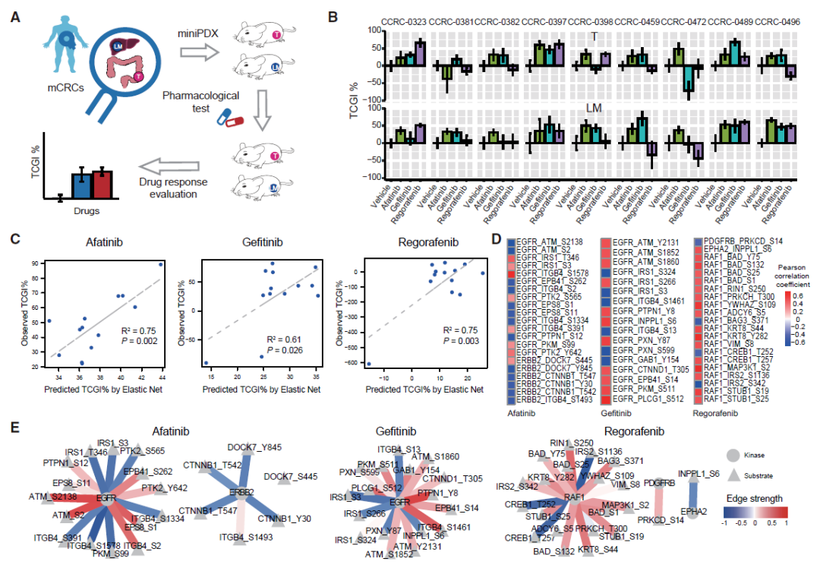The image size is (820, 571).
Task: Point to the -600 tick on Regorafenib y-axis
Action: click(349, 364)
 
